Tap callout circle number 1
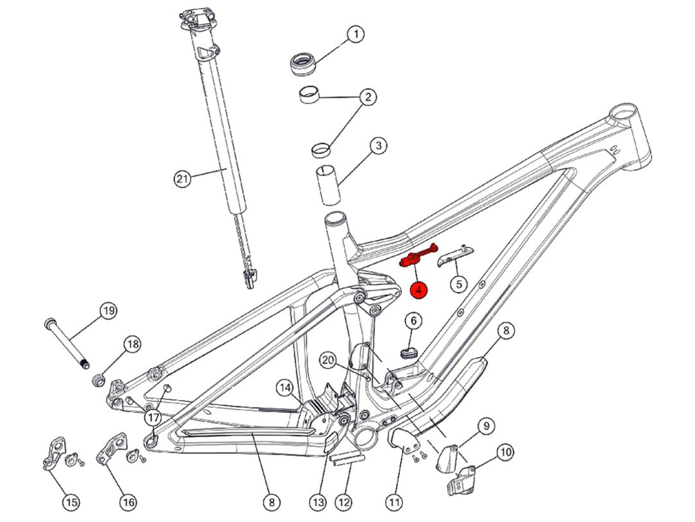click(x=355, y=34)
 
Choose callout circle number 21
click(x=182, y=179)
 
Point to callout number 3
click(x=377, y=146)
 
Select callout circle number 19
click(x=107, y=311)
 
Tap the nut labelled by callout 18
click(x=99, y=380)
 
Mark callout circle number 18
click(x=132, y=345)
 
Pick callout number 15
click(x=71, y=501)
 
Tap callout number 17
click(x=152, y=418)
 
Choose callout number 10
click(x=505, y=452)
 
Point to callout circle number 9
click(x=484, y=425)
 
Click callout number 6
click(x=414, y=321)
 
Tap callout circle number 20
click(x=328, y=360)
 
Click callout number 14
click(x=286, y=387)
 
